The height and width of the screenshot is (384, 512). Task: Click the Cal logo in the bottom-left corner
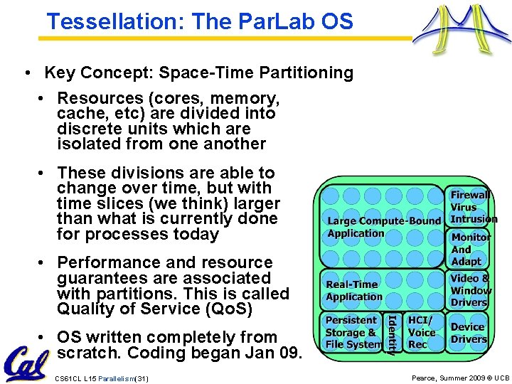[x=26, y=363]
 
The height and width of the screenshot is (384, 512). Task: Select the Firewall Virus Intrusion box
[x=470, y=206]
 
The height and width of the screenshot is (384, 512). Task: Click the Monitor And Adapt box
[x=470, y=248]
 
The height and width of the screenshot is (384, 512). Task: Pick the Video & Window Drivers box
[x=470, y=290]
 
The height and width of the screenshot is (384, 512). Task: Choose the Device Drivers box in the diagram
[x=468, y=333]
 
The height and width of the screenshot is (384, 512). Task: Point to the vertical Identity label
[x=390, y=333]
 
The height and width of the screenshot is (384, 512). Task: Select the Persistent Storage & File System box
[x=352, y=333]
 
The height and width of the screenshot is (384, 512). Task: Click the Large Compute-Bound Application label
[x=383, y=227]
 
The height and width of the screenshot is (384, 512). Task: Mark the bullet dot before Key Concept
[x=26, y=73]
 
